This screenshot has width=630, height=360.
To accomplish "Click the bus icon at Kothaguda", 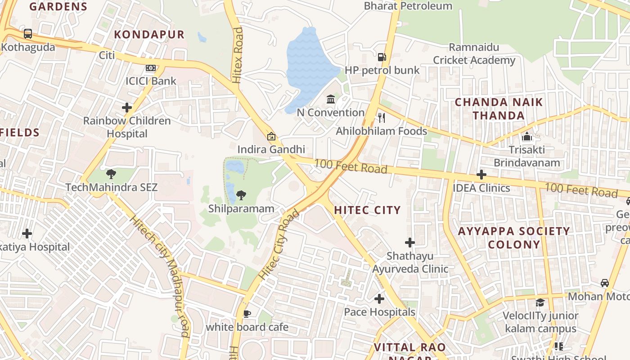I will (28, 33).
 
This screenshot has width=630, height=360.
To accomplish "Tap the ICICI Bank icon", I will (151, 68).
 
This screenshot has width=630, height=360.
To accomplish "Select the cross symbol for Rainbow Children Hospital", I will (127, 108).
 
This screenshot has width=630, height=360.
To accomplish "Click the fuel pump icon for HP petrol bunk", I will (382, 57).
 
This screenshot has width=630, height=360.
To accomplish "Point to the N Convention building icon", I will (331, 99).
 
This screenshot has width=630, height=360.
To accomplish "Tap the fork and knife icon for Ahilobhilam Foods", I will (382, 118).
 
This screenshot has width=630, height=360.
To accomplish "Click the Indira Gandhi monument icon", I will (271, 136).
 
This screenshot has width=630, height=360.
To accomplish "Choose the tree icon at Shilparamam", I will (241, 195).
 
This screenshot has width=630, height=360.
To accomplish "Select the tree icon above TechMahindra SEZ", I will (111, 174).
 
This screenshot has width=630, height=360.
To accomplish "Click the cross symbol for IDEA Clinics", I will (481, 175).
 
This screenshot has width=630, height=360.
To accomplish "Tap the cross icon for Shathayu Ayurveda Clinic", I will (409, 243).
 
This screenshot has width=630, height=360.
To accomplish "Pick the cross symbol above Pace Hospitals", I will (379, 298).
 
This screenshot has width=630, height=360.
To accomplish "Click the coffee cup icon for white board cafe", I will (247, 314).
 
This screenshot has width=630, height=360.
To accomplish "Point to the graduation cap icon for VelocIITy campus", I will (540, 302).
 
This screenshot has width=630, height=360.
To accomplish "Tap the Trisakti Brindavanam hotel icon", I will (526, 136).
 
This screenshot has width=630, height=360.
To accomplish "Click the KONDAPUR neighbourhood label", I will (149, 35).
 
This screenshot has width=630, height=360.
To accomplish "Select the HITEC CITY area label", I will (367, 210).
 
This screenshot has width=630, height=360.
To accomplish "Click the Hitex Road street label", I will (238, 55).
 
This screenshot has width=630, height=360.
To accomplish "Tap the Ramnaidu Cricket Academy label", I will (474, 54).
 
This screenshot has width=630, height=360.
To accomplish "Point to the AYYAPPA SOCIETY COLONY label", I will (514, 238).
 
